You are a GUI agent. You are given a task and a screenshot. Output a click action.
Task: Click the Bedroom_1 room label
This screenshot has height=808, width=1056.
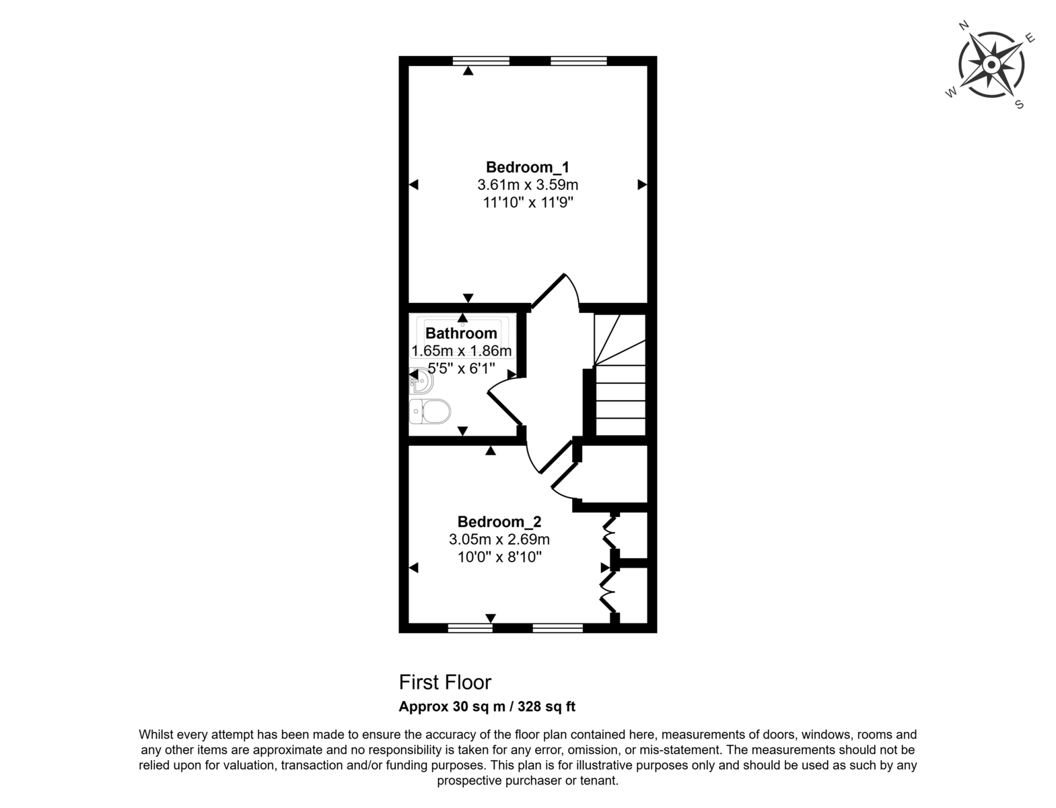pos(527,167)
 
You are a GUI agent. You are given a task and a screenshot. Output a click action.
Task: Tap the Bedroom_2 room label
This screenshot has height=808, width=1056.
pos(499,522)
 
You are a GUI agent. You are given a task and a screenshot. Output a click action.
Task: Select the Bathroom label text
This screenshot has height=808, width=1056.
pos(461,333)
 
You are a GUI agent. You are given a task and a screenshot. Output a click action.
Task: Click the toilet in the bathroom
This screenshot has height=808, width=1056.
pos(429,411)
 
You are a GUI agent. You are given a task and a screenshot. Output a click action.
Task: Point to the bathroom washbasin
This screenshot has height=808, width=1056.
pos(421,381)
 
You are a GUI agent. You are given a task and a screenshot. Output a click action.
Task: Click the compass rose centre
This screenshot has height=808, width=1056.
pos(991,65)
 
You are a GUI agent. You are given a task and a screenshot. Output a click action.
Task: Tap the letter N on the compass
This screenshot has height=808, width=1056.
pos(964,26)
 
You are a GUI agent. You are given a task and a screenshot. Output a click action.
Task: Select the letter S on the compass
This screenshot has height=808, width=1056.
pos(1019,104)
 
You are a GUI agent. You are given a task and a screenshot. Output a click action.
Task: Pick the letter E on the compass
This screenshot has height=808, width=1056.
pos(1030,38)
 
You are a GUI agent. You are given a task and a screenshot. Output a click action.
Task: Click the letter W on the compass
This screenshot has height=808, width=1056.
pos(951,92)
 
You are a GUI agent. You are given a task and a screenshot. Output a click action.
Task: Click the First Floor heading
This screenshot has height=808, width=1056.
pos(445,682)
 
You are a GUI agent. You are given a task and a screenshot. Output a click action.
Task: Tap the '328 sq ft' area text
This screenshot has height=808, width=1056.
pos(547,706)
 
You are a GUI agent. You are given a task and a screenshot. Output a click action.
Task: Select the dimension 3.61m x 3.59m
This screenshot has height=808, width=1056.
pos(528,184)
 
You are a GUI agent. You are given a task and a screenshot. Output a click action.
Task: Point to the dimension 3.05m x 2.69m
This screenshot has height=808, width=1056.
pos(499,539)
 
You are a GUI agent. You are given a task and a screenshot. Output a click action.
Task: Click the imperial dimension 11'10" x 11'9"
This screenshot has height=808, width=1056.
pos(528,203)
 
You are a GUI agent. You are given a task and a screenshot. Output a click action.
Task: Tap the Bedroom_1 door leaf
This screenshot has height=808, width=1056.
pos(548,291)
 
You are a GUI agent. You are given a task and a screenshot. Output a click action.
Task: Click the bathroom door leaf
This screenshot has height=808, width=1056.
pos(505,408)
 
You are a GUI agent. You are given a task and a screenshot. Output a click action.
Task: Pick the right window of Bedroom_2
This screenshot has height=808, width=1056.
pos(557,628)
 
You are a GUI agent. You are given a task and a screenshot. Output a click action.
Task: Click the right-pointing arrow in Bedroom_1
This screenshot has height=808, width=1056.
pos(642,184)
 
